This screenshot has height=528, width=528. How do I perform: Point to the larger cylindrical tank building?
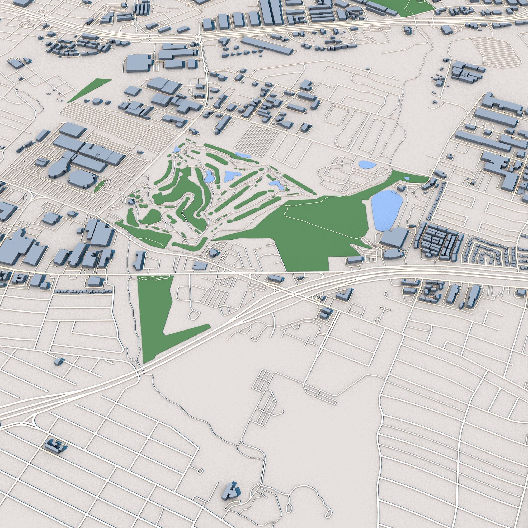pos(96,102)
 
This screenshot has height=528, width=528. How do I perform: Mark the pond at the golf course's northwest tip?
pos(176,149)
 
